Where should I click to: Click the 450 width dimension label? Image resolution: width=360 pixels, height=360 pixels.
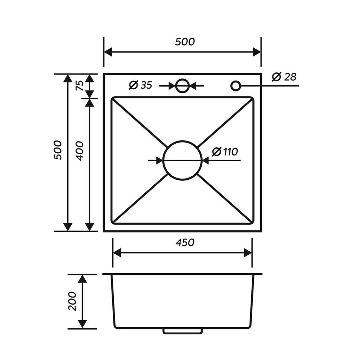click(x=185, y=243)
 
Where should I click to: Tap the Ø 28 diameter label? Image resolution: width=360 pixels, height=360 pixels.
click(x=284, y=77)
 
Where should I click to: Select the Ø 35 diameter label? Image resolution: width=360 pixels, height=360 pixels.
click(x=140, y=85)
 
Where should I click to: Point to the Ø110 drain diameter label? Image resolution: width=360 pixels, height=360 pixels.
click(x=225, y=152)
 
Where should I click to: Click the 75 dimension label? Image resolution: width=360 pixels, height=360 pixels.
click(x=80, y=86)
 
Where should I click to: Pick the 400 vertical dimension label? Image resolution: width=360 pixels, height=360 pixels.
click(x=80, y=151)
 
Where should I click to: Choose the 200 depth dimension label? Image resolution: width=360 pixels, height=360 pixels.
click(x=72, y=301)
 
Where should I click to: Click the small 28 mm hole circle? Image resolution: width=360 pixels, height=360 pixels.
click(x=235, y=86)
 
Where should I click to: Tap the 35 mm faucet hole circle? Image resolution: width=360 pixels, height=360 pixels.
click(x=182, y=86)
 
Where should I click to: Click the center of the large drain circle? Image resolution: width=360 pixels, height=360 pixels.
click(x=182, y=161)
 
